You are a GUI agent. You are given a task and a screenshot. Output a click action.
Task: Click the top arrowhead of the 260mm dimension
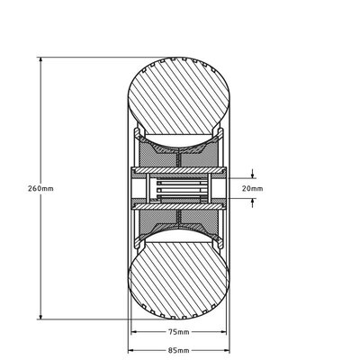[x=41, y=59]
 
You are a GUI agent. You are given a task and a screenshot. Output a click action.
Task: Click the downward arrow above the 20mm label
[x=254, y=175]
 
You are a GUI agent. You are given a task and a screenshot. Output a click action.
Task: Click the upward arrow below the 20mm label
[x=254, y=203]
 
